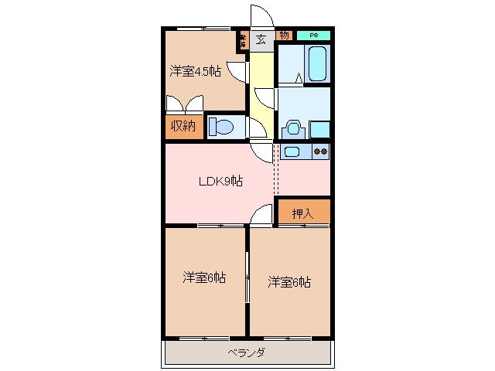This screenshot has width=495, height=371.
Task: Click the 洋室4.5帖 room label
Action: click(x=195, y=72)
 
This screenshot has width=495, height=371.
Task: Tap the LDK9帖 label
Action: click(x=221, y=182)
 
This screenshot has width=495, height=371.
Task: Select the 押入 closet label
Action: click(x=302, y=213)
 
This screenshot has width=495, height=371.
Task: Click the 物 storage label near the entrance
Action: click(x=284, y=35)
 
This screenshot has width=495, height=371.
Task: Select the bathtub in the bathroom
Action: click(x=316, y=63)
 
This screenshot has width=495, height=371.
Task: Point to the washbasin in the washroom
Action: click(x=294, y=128)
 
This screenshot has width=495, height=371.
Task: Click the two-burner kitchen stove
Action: click(x=320, y=151)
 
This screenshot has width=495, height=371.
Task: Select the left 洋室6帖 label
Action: click(x=204, y=277)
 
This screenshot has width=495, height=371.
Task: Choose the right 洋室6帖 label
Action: click(x=289, y=282)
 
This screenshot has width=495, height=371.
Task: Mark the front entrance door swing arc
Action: click(x=262, y=17)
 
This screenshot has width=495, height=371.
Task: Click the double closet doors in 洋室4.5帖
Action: click(x=185, y=104)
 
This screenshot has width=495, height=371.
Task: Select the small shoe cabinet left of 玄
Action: click(x=243, y=39)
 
